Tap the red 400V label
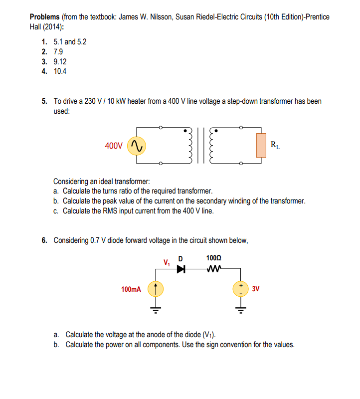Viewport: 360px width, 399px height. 114,146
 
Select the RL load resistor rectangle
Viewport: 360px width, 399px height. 260,145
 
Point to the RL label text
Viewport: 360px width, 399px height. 275,146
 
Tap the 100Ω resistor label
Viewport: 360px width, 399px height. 213,258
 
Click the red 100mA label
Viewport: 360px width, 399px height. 131,289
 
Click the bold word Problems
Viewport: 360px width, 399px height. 45,17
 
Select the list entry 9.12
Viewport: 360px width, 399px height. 60,61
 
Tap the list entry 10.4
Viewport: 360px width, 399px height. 60,71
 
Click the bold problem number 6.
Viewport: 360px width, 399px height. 45,240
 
